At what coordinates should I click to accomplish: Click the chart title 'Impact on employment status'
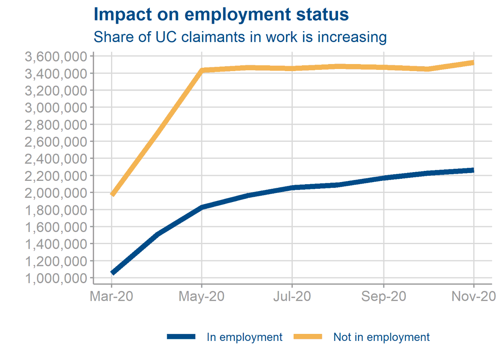point(221,15)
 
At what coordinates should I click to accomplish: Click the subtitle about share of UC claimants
point(240,37)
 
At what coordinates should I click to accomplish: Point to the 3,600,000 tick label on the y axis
point(56,57)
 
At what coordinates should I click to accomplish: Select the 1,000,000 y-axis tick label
point(56,278)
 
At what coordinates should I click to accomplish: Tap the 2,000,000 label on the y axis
point(56,193)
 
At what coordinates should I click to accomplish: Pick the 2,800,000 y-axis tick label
point(56,125)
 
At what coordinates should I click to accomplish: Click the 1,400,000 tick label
point(56,244)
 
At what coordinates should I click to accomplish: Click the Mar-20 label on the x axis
point(111,297)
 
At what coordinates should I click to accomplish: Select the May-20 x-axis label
point(202,297)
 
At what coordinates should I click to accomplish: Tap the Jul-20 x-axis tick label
point(292,297)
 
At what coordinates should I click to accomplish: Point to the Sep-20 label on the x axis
point(383,297)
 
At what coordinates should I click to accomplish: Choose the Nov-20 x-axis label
point(474,297)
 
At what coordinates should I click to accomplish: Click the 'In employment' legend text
point(245,337)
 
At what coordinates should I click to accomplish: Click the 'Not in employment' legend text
point(381,337)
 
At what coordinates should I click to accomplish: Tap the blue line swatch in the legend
point(181,337)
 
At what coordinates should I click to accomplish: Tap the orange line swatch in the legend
point(308,337)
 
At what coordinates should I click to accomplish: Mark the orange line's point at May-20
point(202,70)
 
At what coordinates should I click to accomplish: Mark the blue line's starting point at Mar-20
point(112,273)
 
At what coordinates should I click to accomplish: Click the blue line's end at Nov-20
point(473,170)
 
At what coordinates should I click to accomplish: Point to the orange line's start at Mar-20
point(112,194)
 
